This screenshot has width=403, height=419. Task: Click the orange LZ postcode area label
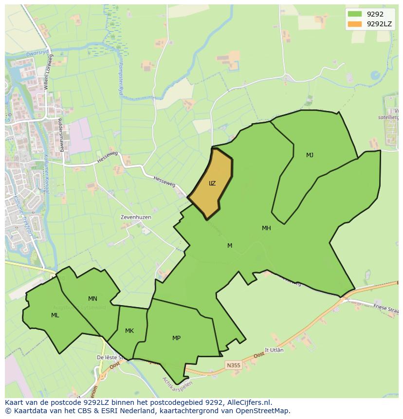tap(212, 183)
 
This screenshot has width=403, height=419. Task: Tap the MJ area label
tap(310, 155)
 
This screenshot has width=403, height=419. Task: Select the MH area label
tap(266, 228)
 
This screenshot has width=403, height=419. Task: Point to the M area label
tap(230, 246)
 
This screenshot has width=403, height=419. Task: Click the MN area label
tap(92, 299)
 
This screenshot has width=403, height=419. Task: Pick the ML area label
tap(55, 315)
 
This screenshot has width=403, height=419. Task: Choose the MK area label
tap(129, 331)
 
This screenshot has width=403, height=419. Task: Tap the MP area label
tap(176, 338)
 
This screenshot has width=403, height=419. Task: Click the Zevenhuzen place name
tap(136, 217)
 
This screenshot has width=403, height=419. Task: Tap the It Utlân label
tap(274, 350)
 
